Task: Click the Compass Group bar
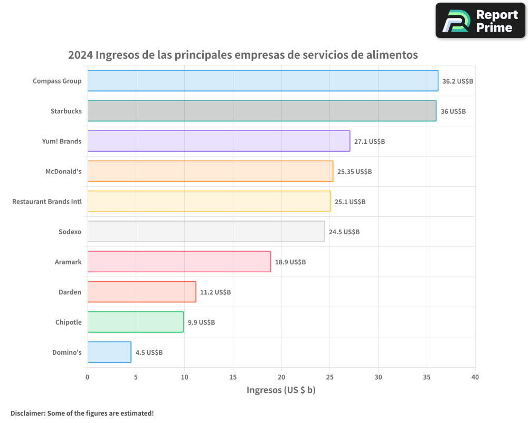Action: pos(262,81)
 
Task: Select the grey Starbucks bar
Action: pos(261,111)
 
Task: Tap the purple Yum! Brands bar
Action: pos(219,141)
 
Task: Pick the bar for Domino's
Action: pos(109,352)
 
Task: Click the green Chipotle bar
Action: pos(135,322)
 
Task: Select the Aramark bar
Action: pos(179,262)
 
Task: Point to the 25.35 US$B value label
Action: pos(354,172)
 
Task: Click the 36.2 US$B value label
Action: pos(458,81)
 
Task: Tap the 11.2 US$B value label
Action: pos(215,292)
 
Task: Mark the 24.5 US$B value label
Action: pos(344,232)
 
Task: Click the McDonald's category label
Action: pos(63,171)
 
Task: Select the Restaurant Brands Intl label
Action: pos(47,201)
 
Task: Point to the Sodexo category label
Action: pos(70,232)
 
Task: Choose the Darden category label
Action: pos(70,292)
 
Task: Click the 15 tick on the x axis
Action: pos(233,377)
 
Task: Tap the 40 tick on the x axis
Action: pos(475,377)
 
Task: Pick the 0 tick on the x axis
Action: pos(88,377)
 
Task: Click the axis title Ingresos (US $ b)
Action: pos(281,390)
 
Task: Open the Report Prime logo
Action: pos(480,21)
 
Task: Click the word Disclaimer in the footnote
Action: pos(27,413)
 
